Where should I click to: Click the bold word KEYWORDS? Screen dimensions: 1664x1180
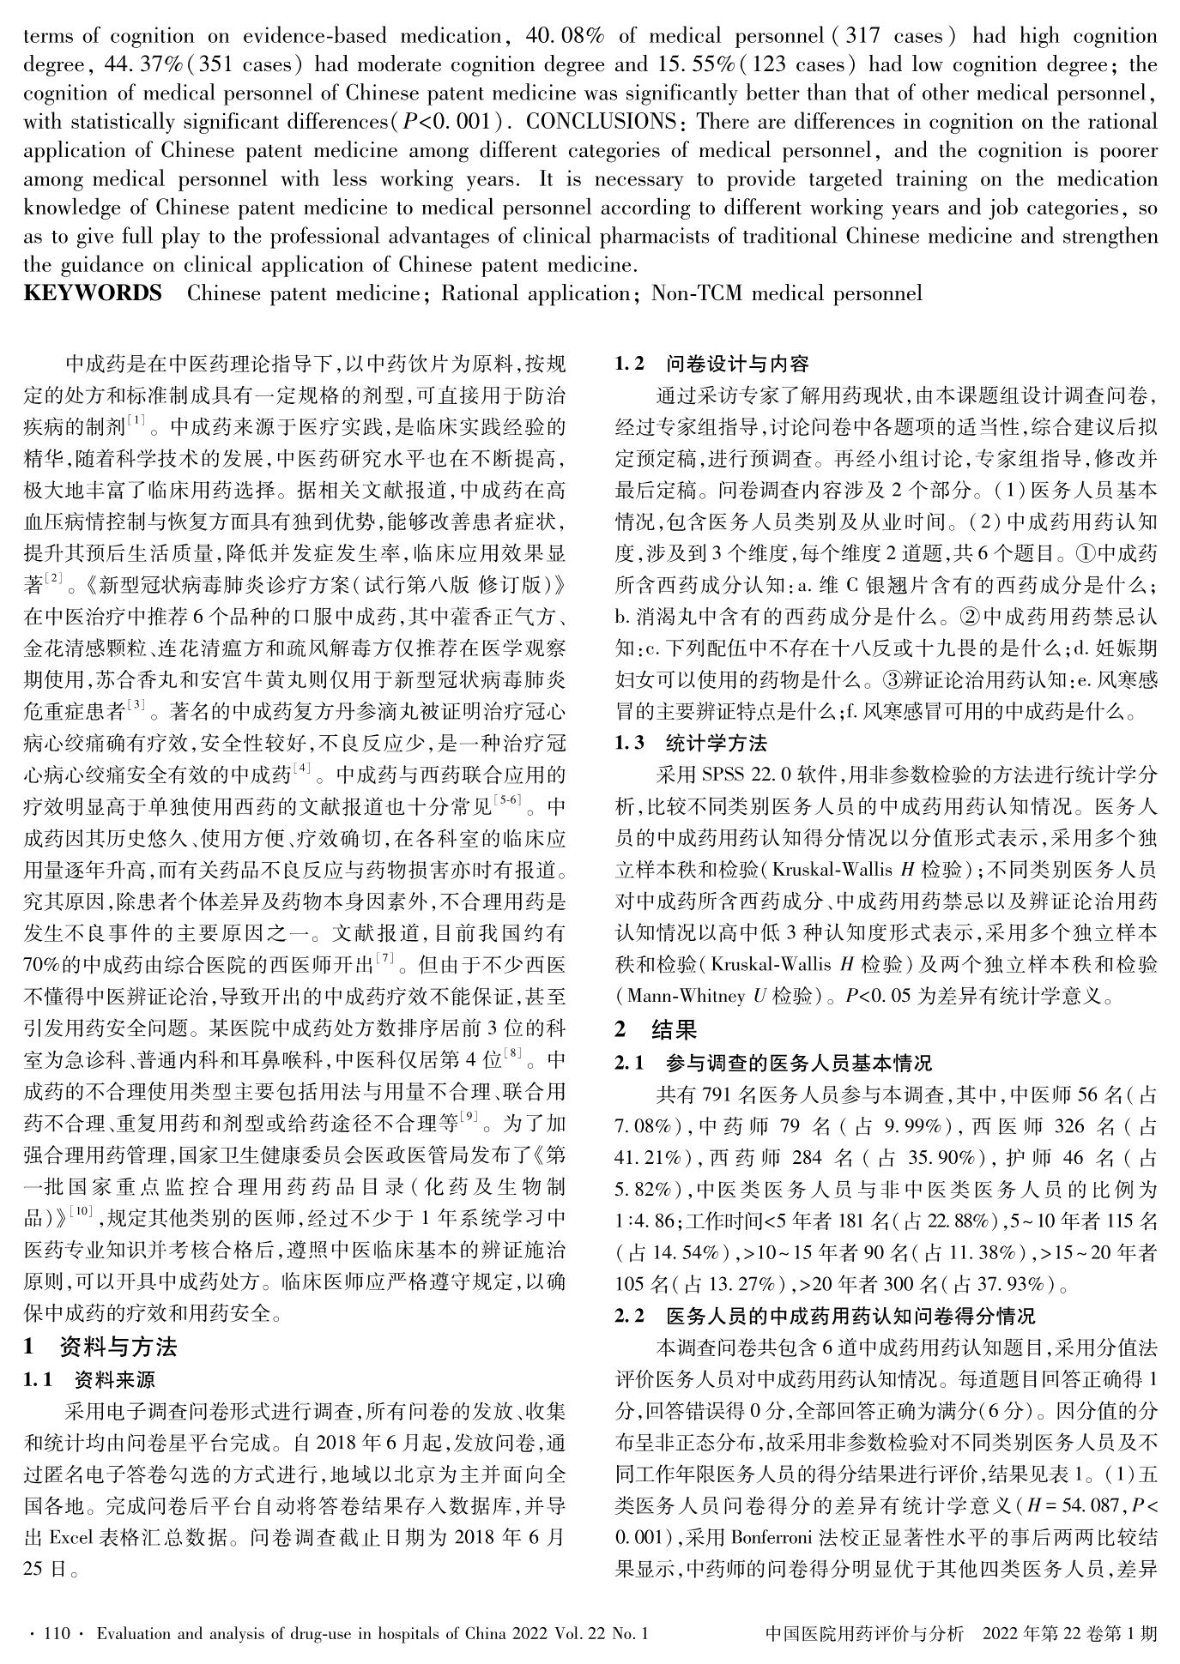93,293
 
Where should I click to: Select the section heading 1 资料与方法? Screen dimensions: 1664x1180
100,1347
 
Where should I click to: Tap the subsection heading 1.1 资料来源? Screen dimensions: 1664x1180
89,1380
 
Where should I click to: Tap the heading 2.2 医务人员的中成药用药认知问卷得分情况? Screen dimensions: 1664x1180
825,1316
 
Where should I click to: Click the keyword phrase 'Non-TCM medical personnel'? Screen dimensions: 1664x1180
786,293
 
